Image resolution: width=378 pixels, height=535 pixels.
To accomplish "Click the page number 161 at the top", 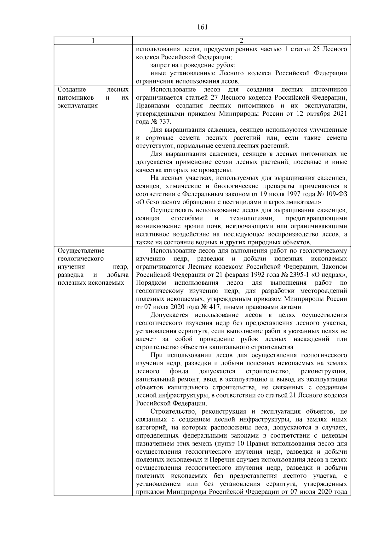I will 202,27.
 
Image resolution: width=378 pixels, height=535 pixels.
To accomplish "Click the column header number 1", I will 93,41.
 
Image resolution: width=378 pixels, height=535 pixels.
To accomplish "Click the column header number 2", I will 241,41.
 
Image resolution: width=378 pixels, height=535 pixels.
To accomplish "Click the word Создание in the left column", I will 69,90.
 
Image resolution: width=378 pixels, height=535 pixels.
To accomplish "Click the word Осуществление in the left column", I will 81,251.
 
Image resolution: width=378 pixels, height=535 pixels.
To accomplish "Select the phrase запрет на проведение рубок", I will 193,65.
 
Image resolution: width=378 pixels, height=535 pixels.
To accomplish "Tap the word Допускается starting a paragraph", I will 169,315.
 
